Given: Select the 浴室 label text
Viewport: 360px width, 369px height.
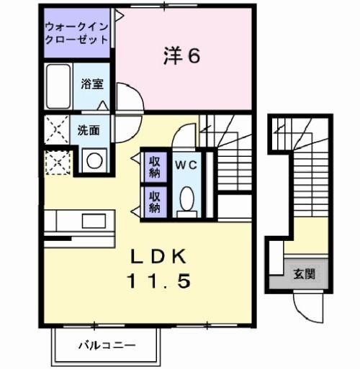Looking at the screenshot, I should point(92,84).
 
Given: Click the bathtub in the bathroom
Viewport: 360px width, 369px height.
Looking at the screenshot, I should point(58,85).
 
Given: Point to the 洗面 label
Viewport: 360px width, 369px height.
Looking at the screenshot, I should point(89,131).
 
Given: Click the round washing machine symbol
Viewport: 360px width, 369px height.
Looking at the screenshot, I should point(94,160).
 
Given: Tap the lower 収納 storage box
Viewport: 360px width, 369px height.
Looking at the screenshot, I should point(155,201).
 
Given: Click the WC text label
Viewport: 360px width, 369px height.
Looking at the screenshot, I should point(186,163).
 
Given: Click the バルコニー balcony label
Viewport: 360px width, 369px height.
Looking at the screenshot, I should point(106,345).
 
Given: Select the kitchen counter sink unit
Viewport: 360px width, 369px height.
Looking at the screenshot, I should point(78,219).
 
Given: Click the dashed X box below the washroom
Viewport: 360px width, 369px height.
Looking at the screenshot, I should point(57,162).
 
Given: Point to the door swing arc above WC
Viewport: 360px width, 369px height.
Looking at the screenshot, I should point(186,136).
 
